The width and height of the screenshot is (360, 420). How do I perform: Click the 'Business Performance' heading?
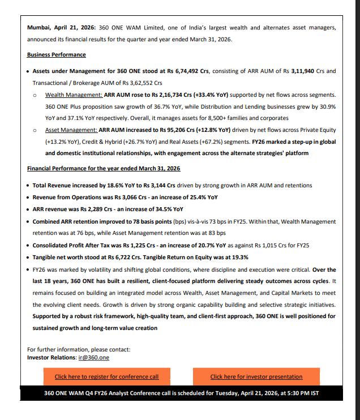coord(57,55)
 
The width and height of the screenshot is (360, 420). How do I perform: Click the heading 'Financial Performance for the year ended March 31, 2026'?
coord(104,169)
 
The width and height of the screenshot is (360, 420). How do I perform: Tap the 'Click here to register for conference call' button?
coord(106,376)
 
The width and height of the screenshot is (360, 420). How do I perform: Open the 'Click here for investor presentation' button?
coord(256,376)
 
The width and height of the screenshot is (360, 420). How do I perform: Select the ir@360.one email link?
coord(93,358)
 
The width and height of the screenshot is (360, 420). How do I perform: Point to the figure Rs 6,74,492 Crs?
coord(188,71)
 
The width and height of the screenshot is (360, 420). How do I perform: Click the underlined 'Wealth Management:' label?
coord(74,95)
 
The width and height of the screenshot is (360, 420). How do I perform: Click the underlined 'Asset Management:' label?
coord(71,129)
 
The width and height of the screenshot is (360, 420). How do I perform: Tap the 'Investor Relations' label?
coord(51,358)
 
